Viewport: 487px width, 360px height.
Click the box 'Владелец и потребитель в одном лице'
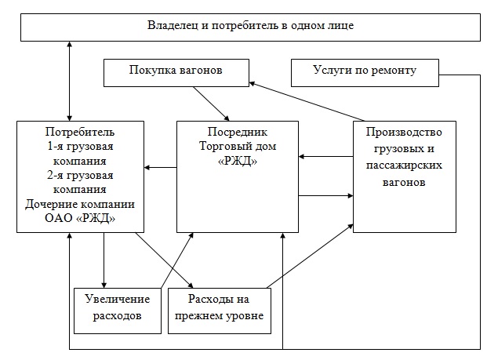[251, 26]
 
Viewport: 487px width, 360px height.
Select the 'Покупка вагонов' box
[176, 71]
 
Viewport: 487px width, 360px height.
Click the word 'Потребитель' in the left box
[80, 131]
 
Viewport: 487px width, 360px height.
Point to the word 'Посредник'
[237, 133]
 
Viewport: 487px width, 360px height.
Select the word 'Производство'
[405, 132]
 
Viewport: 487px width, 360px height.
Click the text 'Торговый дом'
[237, 147]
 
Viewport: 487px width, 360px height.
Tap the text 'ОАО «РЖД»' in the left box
[80, 219]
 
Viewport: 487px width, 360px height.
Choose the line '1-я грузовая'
[80, 146]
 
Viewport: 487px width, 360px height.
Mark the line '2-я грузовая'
[80, 175]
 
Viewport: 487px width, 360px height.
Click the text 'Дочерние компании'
[80, 204]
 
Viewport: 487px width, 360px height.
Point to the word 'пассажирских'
[405, 166]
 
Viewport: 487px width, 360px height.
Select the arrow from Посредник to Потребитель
[160, 167]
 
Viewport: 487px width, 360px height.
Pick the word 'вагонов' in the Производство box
[405, 182]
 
